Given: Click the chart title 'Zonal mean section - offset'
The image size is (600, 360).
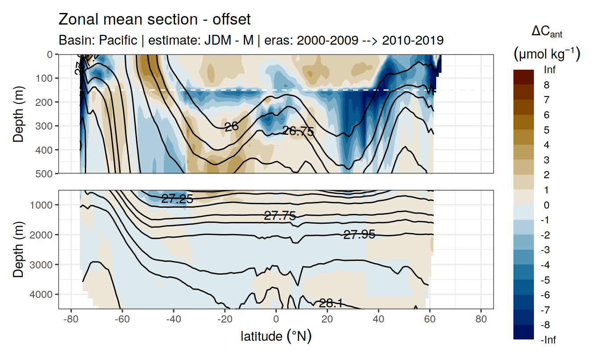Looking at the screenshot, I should tap(154, 20).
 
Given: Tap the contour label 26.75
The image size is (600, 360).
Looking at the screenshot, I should tap(298, 131).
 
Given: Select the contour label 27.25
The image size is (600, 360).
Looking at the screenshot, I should tap(177, 199).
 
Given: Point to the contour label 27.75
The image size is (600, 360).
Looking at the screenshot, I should tap(280, 216).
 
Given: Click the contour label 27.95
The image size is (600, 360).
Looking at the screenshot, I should tap(359, 234).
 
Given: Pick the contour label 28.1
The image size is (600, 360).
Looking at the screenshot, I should tap(331, 304).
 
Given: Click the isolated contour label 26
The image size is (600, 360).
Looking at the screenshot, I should tap(231, 127).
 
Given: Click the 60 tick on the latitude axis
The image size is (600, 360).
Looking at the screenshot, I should tap(429, 320).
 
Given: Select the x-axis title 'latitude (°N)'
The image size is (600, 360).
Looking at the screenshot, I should tap(276, 336).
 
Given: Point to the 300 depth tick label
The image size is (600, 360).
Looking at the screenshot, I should tap(45, 126).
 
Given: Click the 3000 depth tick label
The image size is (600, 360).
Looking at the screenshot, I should tap(43, 264).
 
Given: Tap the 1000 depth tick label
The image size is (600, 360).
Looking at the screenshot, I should tap(43, 205).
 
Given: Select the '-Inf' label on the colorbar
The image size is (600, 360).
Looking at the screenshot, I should tap(548, 340).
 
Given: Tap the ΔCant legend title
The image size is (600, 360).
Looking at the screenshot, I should tap(547, 32).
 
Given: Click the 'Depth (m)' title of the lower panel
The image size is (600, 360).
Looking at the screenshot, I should tap(18, 249).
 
